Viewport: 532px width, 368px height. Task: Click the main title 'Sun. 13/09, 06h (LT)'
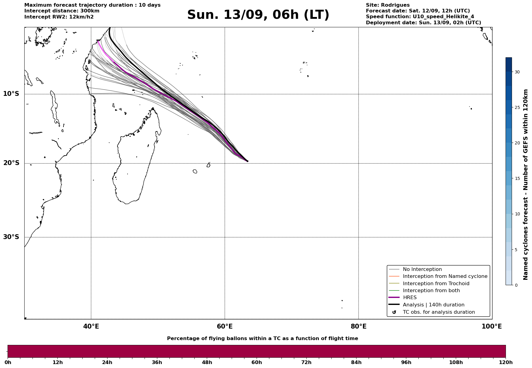(x=258, y=15)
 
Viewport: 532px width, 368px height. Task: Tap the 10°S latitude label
(x=11, y=94)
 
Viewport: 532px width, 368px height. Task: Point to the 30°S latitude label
(x=11, y=237)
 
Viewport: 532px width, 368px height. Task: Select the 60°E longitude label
(x=225, y=326)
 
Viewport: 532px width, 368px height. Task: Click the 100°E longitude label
(x=492, y=326)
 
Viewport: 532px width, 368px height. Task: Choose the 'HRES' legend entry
(x=410, y=298)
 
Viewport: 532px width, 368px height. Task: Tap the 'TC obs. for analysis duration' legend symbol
(x=394, y=312)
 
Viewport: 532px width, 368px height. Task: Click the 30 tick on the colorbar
(x=517, y=72)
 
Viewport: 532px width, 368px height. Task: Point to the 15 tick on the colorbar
(x=517, y=179)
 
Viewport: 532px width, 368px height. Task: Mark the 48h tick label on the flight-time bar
(x=207, y=363)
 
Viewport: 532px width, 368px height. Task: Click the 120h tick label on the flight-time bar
(x=506, y=363)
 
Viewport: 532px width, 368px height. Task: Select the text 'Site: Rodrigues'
(x=388, y=5)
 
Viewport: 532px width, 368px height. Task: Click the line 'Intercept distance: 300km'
(x=62, y=11)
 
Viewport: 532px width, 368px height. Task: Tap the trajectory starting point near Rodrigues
(x=247, y=161)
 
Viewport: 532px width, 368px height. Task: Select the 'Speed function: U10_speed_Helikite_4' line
(x=420, y=17)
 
